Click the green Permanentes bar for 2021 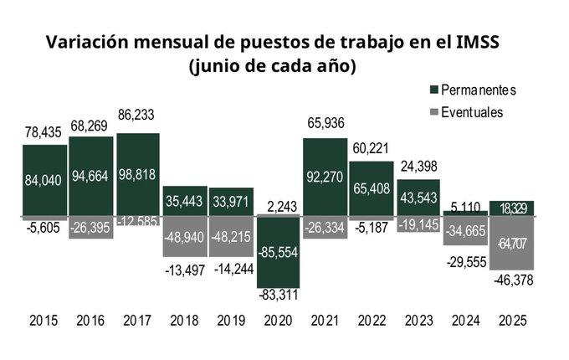click(x=325, y=177)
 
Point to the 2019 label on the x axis click(x=231, y=321)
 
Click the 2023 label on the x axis click(x=418, y=321)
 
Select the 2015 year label click(x=44, y=321)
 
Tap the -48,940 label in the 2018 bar click(x=185, y=236)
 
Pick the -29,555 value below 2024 click(x=464, y=261)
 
